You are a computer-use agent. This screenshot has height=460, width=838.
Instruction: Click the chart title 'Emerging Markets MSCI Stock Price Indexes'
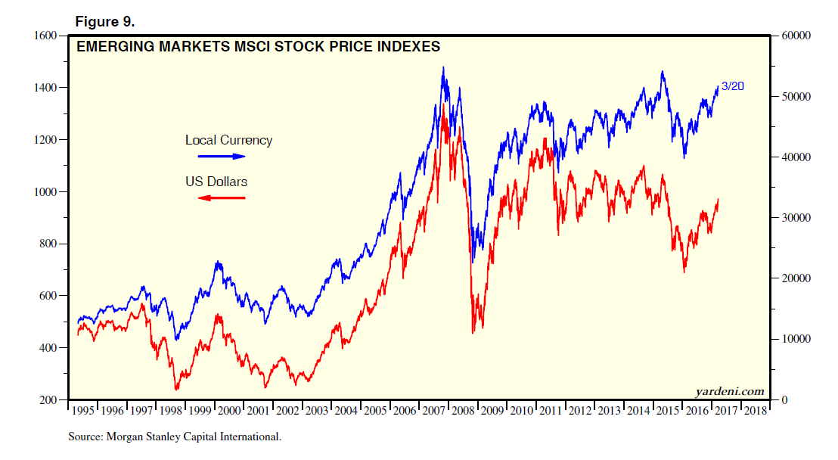click(258, 47)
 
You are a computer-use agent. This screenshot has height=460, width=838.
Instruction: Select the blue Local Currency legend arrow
click(222, 157)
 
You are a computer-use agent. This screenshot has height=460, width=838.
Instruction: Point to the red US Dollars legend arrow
click(222, 198)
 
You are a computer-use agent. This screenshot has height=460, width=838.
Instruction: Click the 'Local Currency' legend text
click(228, 140)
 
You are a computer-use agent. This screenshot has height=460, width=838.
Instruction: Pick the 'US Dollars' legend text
click(216, 182)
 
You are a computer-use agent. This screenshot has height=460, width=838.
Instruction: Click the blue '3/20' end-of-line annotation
click(732, 86)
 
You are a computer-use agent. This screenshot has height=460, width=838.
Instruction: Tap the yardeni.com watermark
click(729, 391)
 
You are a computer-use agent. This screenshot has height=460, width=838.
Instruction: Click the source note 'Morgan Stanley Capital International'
click(174, 437)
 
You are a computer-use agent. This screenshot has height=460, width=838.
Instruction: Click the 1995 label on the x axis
click(83, 411)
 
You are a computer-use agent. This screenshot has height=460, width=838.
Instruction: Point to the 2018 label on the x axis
click(756, 411)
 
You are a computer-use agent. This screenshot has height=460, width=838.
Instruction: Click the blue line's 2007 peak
click(443, 67)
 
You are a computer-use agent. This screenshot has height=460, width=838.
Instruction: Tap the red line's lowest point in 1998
click(177, 390)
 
